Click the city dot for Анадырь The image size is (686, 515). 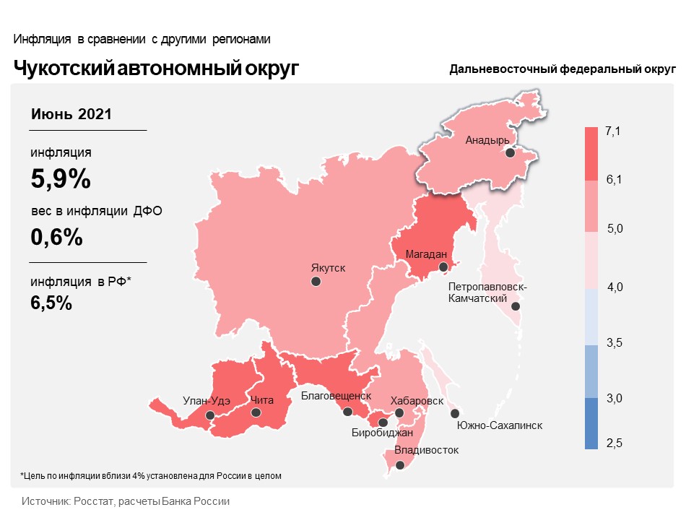(510, 152)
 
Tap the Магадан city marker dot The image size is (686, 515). (443, 267)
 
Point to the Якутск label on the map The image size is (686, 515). (328, 268)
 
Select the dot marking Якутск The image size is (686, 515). (316, 282)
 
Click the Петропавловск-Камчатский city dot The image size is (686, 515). (516, 306)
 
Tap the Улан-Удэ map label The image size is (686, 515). (207, 401)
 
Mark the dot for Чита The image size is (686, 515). (256, 412)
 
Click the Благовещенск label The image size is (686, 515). (336, 396)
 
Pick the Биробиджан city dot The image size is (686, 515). (383, 423)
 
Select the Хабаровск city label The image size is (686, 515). (417, 401)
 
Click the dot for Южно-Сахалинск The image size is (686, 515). (455, 413)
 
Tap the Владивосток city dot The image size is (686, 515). (400, 465)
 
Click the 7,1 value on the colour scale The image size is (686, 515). (613, 131)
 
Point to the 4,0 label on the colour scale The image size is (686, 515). (615, 287)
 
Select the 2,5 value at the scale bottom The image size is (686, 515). (615, 443)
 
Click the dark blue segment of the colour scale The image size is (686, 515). (591, 423)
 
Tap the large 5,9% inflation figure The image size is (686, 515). (61, 178)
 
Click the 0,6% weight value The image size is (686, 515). (56, 237)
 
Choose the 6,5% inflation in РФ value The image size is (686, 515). (51, 303)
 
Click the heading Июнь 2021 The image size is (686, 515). (71, 114)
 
